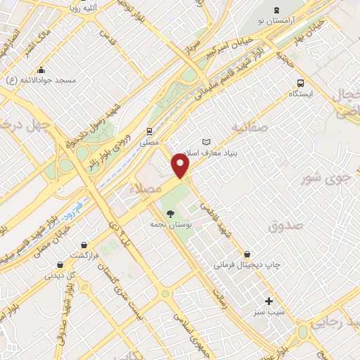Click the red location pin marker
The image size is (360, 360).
tap(181, 167)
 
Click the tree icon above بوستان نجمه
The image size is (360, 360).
tap(169, 214)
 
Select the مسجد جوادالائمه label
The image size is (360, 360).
tap(42, 81)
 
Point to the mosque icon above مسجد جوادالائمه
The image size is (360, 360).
tap(42, 70)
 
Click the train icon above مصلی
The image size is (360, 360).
tap(149, 131)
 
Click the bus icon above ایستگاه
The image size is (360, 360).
tap(301, 82)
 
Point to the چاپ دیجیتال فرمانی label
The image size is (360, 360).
tap(247, 266)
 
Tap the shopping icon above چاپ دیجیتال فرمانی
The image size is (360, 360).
tap(246, 254)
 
